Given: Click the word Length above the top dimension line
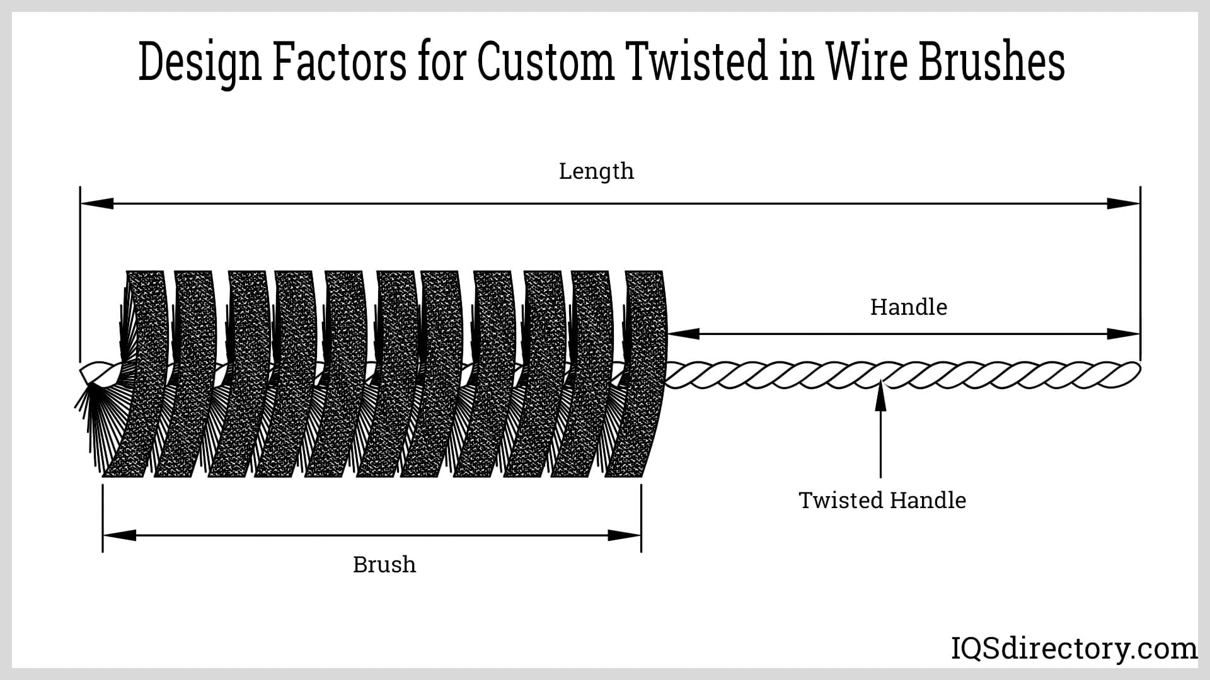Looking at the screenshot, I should click(596, 171).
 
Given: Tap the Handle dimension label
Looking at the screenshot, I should click(908, 307).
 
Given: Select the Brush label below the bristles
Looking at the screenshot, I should click(384, 565).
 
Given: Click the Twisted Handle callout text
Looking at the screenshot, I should click(882, 501).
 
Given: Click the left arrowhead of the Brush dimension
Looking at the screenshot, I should click(119, 536).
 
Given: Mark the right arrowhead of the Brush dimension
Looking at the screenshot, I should click(625, 536).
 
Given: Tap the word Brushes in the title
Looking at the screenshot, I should click(991, 62).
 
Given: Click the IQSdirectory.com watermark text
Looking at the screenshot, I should click(1074, 649).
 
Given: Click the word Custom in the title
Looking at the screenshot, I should click(546, 62).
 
